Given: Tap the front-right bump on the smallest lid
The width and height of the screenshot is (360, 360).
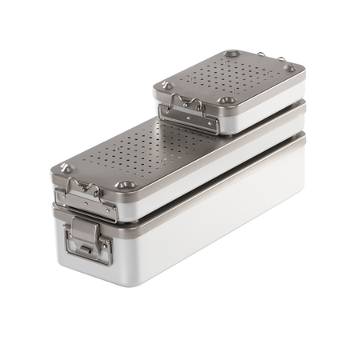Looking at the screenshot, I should [227, 100].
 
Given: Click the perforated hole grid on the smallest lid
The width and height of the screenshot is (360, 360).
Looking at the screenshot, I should [232, 77].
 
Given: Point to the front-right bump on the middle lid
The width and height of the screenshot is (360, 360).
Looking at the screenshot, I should [123, 185].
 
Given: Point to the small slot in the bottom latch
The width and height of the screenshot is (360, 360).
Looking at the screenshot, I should [86, 250].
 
